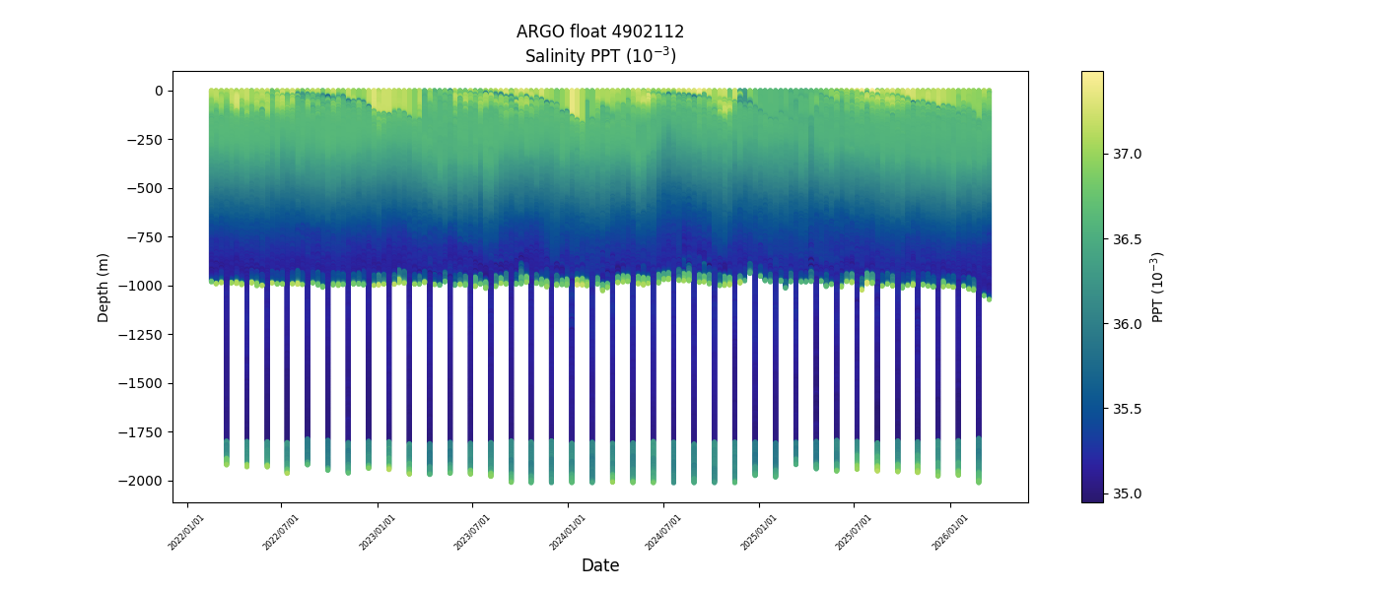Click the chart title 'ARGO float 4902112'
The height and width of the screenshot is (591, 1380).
[599, 32]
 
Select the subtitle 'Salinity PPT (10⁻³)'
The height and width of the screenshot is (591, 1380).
[599, 55]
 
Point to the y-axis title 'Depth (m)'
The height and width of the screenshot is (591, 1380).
[103, 287]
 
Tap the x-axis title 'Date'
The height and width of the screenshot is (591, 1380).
[599, 565]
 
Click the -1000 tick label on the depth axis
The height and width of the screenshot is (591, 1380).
[143, 286]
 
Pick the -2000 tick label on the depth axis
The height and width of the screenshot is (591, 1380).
[143, 481]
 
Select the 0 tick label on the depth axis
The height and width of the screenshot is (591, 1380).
[158, 91]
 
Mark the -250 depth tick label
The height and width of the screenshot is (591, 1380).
[146, 140]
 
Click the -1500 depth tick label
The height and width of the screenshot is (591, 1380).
[143, 383]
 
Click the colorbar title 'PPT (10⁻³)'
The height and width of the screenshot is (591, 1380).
[1158, 287]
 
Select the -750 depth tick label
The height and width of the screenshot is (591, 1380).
[146, 237]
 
